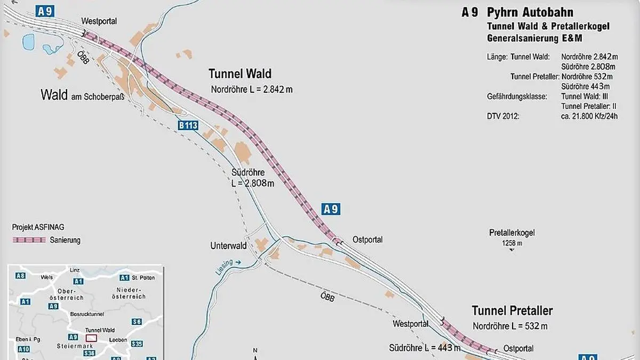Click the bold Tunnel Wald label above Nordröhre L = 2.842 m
(x=239, y=74)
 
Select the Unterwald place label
(x=228, y=246)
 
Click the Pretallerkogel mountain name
(x=511, y=233)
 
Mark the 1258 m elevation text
(x=511, y=243)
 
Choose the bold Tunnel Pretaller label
(x=512, y=311)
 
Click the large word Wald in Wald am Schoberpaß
(x=54, y=95)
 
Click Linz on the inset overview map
(x=75, y=270)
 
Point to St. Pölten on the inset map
(x=142, y=278)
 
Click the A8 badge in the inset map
(x=20, y=276)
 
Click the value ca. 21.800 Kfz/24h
(x=589, y=116)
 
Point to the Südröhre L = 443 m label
(x=425, y=348)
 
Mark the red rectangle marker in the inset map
(x=92, y=338)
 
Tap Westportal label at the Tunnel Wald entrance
(x=99, y=21)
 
